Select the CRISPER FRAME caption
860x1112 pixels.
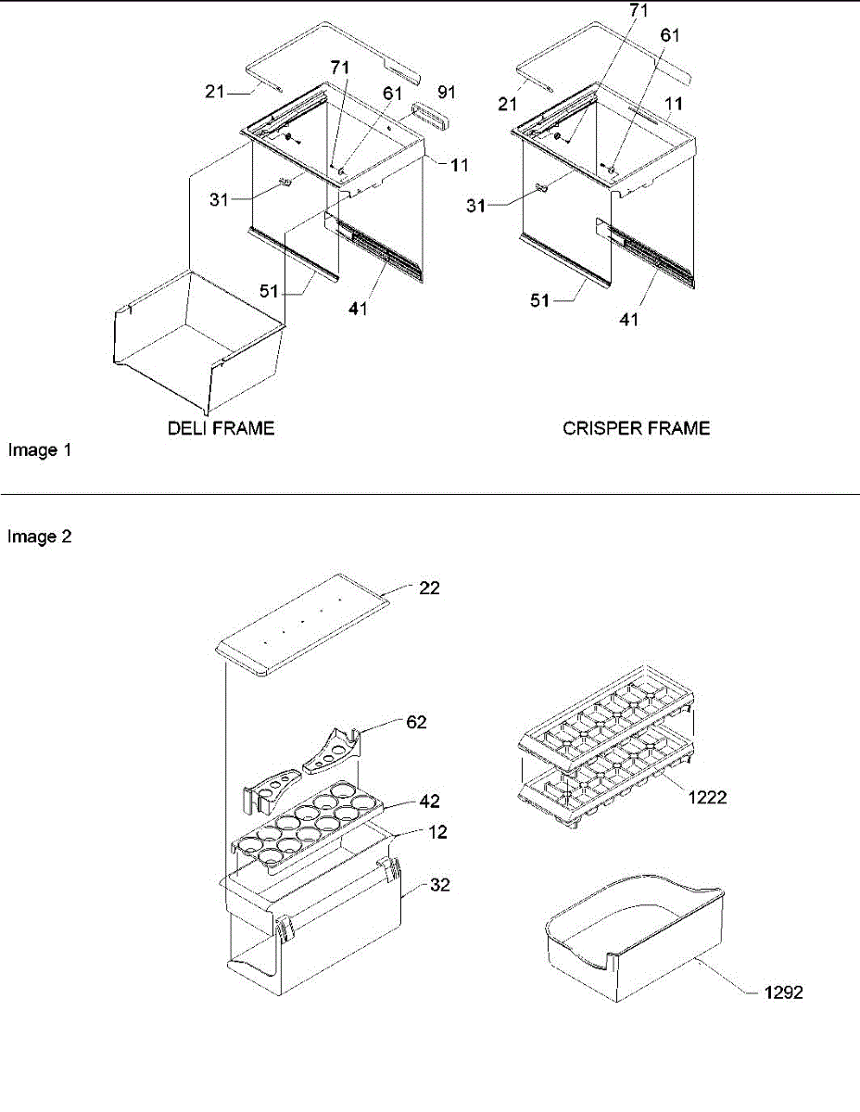click(636, 428)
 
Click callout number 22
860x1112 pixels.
click(429, 588)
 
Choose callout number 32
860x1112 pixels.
click(441, 884)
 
